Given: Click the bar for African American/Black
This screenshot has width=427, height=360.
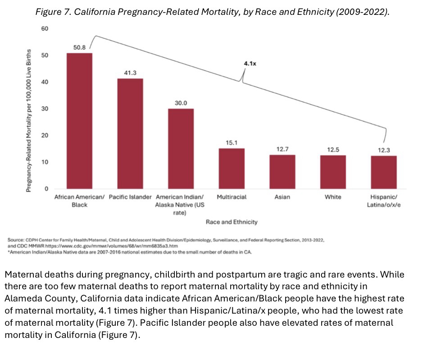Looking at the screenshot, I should [80, 121].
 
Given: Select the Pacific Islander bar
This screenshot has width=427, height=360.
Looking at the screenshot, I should [130, 133].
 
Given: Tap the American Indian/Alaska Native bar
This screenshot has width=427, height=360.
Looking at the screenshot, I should [181, 148].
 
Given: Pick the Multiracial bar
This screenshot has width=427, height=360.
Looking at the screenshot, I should [232, 168].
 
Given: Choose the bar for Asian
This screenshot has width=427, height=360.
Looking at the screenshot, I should [282, 172].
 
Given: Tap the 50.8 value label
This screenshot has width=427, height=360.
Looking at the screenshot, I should [80, 47].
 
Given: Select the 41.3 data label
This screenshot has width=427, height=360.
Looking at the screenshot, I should [130, 73].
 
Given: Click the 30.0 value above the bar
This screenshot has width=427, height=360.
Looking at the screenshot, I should [181, 103].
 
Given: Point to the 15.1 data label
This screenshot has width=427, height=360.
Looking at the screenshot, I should [232, 142].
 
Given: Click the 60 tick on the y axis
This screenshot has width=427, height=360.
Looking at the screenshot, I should [45, 29].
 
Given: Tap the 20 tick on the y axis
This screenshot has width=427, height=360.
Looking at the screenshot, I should [45, 136].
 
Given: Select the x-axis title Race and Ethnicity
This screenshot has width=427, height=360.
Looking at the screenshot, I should [232, 222].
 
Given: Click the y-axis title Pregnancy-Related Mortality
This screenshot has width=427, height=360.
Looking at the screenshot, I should [28, 120].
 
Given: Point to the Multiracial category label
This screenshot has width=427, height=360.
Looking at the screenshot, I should [232, 197].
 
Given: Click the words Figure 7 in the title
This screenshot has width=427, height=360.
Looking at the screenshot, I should [51, 12].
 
